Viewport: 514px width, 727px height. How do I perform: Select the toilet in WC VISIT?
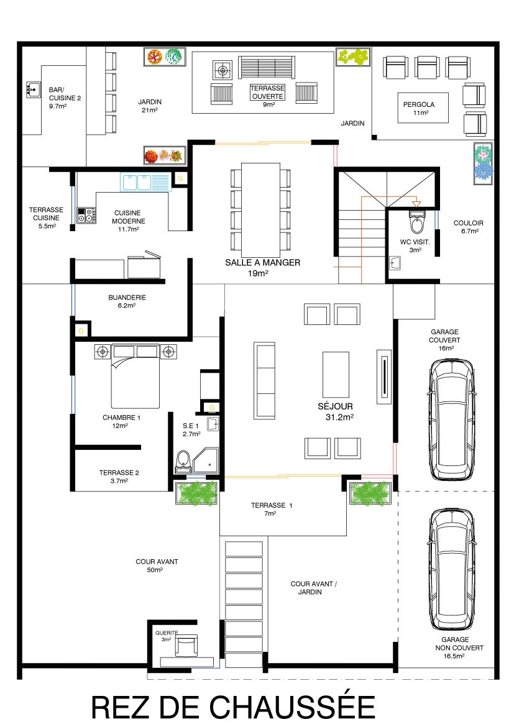(x=417, y=222)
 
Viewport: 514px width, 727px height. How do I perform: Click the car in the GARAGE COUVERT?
(x=451, y=420)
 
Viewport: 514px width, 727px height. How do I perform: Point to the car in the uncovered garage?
(x=451, y=569)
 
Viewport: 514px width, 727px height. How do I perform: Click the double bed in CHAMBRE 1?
(x=135, y=376)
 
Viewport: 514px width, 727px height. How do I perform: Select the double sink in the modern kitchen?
(x=145, y=181)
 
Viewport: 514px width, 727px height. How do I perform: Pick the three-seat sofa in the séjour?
(x=264, y=381)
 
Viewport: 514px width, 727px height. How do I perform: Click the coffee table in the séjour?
(x=336, y=375)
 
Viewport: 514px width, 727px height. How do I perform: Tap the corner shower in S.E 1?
(x=206, y=460)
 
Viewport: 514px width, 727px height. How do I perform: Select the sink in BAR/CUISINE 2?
(x=33, y=90)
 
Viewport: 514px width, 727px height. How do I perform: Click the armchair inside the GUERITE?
(x=186, y=646)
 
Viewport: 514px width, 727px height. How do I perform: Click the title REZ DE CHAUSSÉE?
(x=233, y=708)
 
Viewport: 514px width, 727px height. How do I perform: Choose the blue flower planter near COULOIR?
(x=484, y=165)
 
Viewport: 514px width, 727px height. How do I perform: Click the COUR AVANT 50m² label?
(x=157, y=565)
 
